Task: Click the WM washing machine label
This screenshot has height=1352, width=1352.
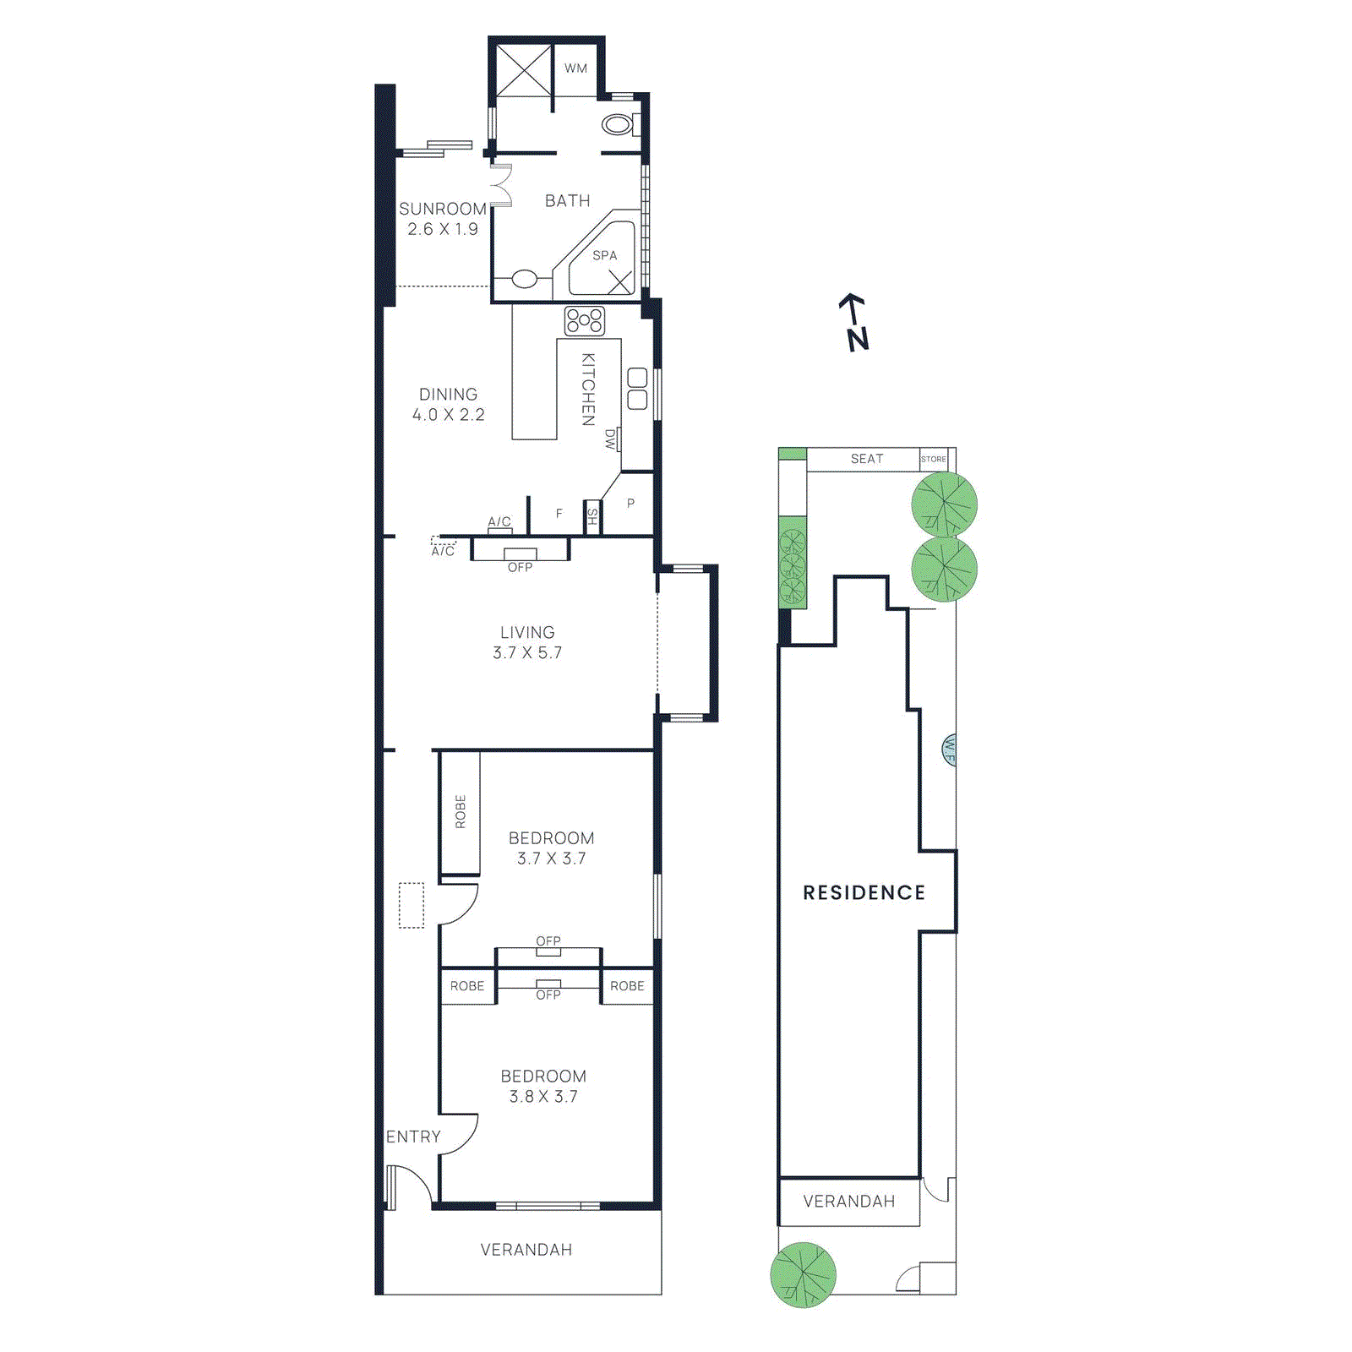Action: click(575, 68)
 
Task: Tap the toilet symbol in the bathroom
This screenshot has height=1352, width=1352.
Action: click(619, 125)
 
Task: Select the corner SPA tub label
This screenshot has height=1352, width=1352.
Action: click(604, 255)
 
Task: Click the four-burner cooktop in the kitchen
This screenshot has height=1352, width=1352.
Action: click(585, 321)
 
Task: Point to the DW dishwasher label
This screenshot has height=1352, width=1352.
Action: click(610, 439)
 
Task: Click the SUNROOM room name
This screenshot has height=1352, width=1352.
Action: click(442, 209)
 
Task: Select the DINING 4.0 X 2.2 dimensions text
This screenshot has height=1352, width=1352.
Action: click(448, 415)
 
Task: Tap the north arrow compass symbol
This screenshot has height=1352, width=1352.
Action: click(855, 322)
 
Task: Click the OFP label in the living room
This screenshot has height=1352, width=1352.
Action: click(520, 567)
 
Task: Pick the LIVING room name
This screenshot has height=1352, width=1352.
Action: click(527, 632)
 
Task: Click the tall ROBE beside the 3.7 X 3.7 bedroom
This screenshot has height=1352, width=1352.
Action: click(461, 811)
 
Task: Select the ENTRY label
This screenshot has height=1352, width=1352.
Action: click(413, 1137)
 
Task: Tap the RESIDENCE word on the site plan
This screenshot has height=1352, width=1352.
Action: click(864, 892)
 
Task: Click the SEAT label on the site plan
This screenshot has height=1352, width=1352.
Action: click(866, 459)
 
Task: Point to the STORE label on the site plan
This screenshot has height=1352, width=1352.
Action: click(933, 459)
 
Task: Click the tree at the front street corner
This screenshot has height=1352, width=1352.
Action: click(803, 1274)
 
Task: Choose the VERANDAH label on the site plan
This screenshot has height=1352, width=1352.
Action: click(848, 1201)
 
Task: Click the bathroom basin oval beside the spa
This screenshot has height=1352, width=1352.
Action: click(524, 278)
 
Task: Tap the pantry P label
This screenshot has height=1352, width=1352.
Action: click(630, 504)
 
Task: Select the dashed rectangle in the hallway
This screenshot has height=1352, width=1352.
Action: click(412, 905)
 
